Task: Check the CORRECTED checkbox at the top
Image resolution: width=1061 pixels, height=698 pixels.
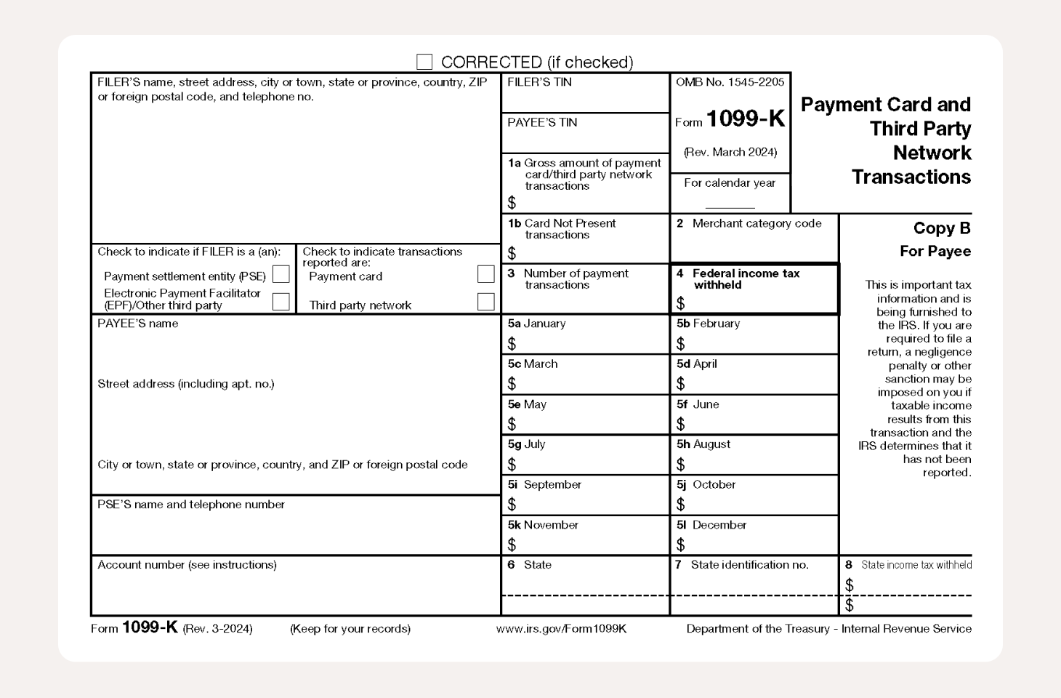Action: point(424,62)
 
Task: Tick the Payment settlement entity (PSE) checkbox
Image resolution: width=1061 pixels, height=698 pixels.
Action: point(281,275)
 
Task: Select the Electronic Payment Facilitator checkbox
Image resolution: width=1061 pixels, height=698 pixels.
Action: point(281,301)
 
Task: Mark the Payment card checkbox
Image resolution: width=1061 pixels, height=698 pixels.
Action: point(485,274)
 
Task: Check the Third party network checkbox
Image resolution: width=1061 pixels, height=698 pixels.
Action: point(485,301)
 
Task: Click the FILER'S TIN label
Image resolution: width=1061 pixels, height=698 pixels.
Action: point(539,82)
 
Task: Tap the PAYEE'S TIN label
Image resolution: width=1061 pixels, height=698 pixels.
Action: point(542,123)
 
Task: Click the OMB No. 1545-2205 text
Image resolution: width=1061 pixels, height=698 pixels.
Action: point(730,82)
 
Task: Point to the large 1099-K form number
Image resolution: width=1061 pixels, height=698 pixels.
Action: point(745,119)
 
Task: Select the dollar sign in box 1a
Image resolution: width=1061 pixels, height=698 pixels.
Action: point(512,203)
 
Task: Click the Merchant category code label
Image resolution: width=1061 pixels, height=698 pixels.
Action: point(757,224)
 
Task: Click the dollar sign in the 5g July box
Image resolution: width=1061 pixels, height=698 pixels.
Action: point(512,464)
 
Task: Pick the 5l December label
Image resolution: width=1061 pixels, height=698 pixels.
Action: point(711,525)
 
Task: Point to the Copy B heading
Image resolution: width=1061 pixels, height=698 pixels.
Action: point(941,228)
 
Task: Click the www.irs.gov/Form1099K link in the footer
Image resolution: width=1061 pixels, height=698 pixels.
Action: point(561,629)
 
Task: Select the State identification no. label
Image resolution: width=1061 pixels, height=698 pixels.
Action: point(749,565)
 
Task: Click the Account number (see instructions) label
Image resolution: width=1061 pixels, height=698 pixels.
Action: point(187,565)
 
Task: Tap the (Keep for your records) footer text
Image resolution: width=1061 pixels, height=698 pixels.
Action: point(350,629)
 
